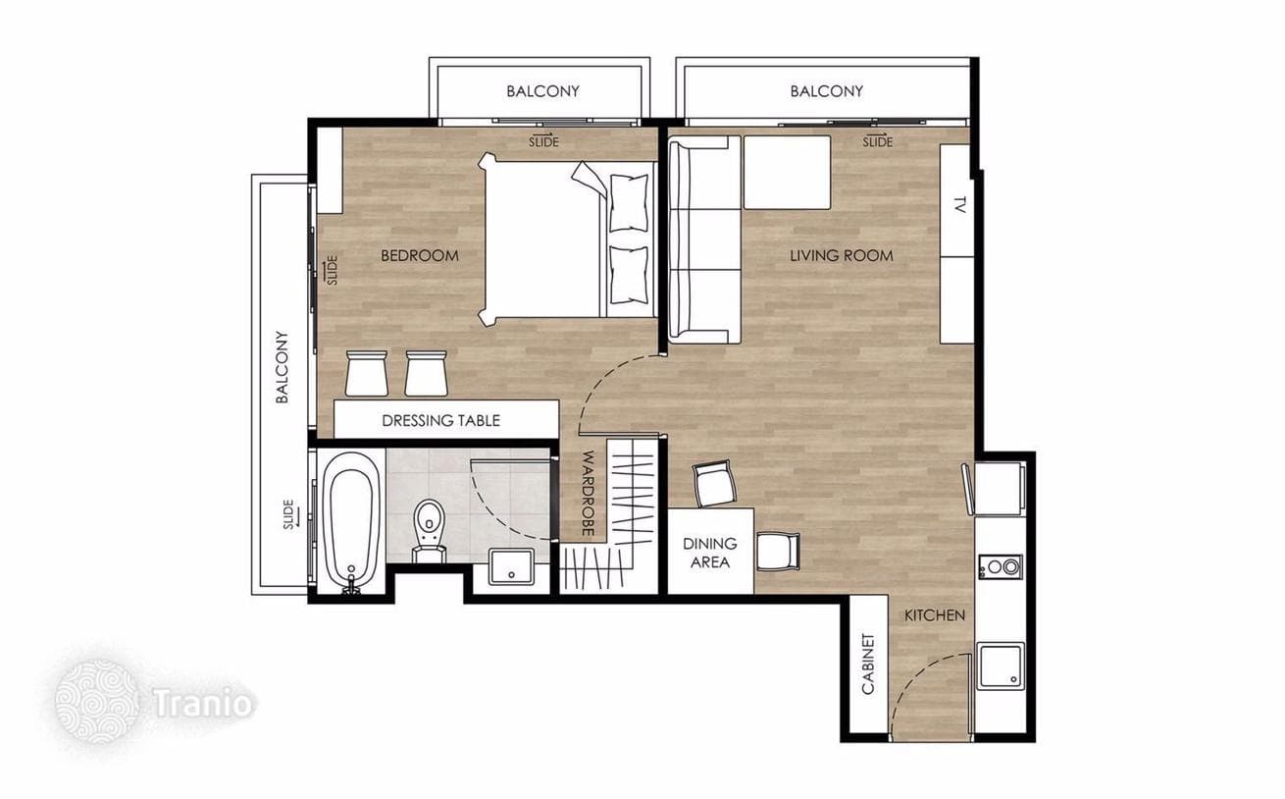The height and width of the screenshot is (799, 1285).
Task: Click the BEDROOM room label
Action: click(420, 255)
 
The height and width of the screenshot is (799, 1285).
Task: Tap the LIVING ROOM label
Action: click(842, 255)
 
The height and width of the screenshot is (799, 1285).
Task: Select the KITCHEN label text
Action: click(935, 615)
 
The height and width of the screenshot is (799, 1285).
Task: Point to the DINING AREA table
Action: click(710, 552)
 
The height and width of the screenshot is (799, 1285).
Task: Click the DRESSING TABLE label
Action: click(440, 421)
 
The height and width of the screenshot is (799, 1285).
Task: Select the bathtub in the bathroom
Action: click(351, 521)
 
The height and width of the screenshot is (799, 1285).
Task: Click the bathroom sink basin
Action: click(511, 566)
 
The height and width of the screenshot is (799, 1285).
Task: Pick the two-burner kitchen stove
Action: click(1001, 567)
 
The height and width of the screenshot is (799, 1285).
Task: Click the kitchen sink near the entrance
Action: click(1002, 666)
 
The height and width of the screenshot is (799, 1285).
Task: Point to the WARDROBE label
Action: click(588, 494)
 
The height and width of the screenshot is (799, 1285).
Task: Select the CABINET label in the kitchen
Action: click(868, 665)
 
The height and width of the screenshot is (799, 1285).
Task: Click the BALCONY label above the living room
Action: click(826, 91)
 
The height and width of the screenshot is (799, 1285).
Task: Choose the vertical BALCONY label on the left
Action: click(282, 367)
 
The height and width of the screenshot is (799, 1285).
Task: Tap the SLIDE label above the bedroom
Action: click(543, 140)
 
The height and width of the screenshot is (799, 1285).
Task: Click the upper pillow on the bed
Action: click(629, 202)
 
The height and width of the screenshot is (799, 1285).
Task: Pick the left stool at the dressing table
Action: click(367, 374)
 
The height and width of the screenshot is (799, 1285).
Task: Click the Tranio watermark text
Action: click(203, 703)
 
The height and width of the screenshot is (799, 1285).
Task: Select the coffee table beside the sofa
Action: click(787, 172)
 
